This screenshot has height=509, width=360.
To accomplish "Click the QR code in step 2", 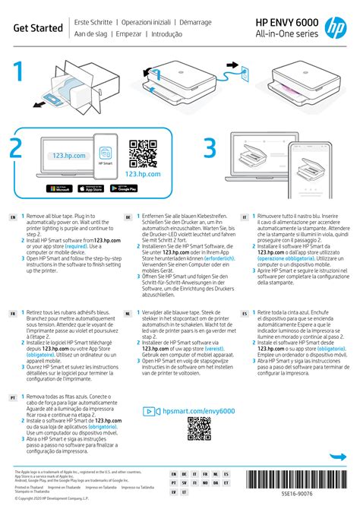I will click(143, 153).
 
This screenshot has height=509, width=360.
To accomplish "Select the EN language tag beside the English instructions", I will click(13, 218).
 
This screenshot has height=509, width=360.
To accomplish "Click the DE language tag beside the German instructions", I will click(128, 218).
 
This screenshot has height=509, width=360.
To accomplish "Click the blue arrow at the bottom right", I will click(336, 457).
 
